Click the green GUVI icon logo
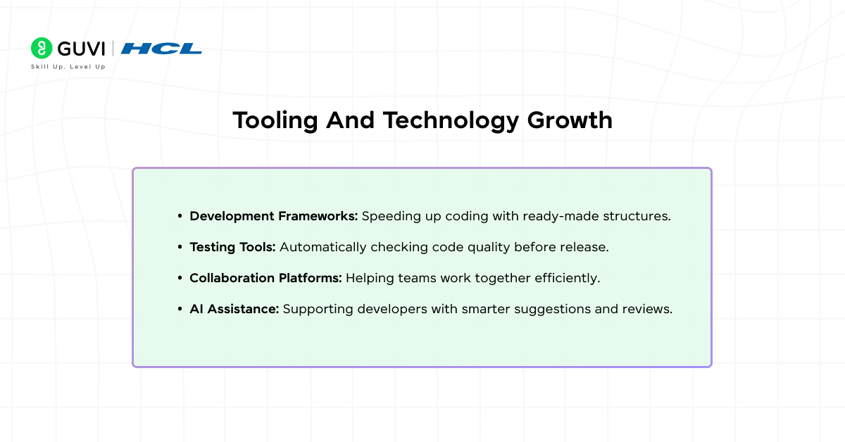pyautogui.click(x=42, y=48)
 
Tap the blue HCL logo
pyautogui.click(x=161, y=49)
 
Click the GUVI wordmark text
pyautogui.click(x=80, y=49)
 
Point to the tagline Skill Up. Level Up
pyautogui.click(x=68, y=67)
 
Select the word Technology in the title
pyautogui.click(x=451, y=120)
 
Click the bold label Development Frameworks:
pyautogui.click(x=274, y=216)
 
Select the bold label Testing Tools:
pyautogui.click(x=233, y=247)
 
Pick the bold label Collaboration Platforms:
pyautogui.click(x=265, y=278)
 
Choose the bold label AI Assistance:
pyautogui.click(x=234, y=309)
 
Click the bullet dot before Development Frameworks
pyautogui.click(x=180, y=216)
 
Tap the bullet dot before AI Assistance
pyautogui.click(x=180, y=309)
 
